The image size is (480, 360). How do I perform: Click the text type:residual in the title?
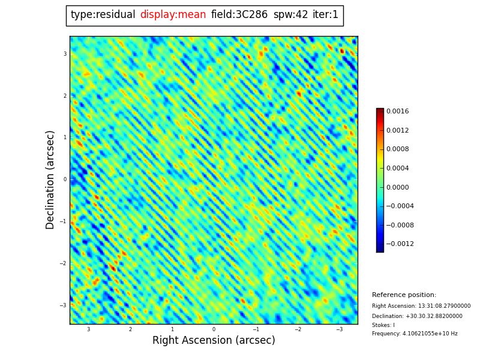coord(103,15)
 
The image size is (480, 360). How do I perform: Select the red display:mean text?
coord(173,15)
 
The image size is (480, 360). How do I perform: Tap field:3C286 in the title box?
coord(239,15)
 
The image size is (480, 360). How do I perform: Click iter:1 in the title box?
coord(326,15)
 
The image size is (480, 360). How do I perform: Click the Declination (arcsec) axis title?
coord(50,179)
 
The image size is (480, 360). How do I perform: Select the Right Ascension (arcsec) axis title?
coord(214,340)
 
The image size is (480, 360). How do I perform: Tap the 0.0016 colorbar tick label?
coord(397,111)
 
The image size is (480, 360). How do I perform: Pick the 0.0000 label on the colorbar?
coord(397,187)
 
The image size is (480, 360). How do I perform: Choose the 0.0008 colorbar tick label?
coord(397,149)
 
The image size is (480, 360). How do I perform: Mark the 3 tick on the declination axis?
coord(65,54)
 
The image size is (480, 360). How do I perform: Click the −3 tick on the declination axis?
coord(64,305)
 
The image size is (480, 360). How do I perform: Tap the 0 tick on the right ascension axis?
coord(214,329)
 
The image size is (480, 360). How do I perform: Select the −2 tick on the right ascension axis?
coord(298,329)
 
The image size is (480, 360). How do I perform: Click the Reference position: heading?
coord(404,295)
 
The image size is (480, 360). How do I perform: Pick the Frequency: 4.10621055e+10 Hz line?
coord(415,334)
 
